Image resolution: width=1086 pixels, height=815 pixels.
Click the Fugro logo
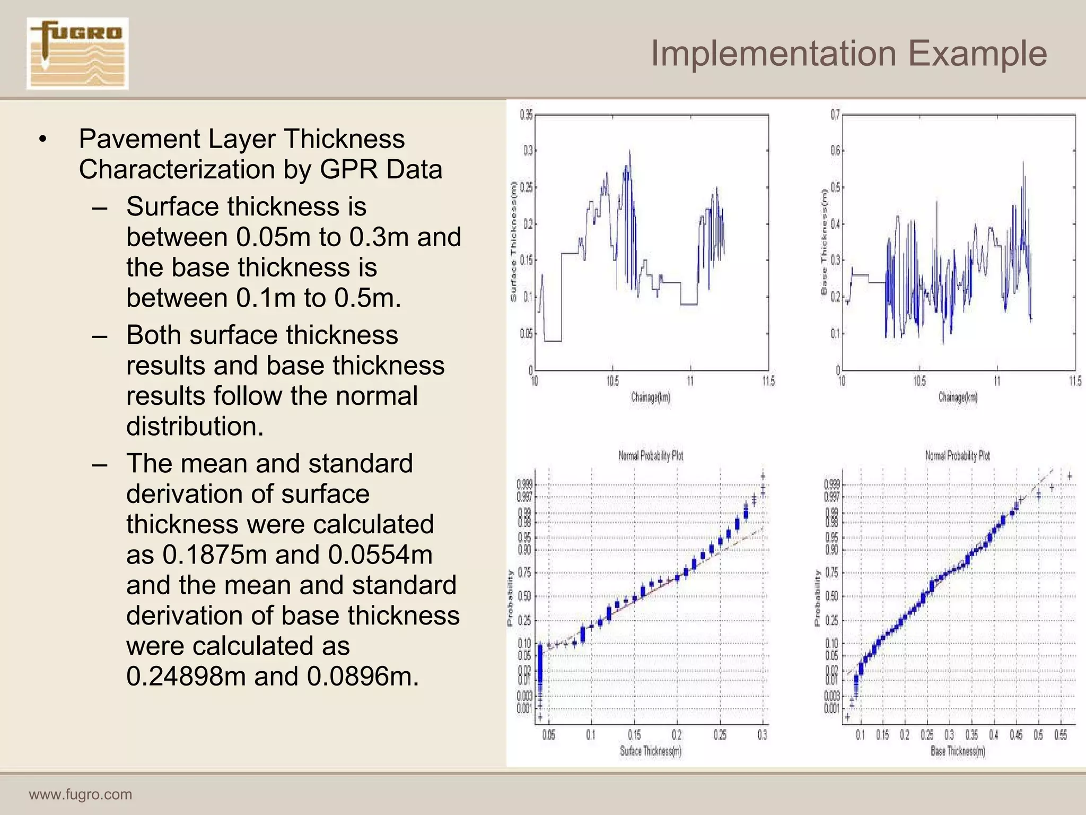tap(77, 54)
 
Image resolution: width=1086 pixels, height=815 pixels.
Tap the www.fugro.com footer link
tap(81, 794)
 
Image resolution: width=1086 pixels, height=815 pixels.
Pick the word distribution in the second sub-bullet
tap(195, 426)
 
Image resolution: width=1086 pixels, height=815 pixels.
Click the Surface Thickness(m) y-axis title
tap(513, 241)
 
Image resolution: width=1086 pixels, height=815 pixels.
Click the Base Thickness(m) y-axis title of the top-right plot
tap(824, 241)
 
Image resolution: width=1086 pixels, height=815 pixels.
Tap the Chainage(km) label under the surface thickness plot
tap(651, 397)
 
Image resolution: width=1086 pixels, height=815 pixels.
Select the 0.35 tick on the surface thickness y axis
tap(526, 115)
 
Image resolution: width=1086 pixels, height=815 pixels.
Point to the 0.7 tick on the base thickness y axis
tap(835, 115)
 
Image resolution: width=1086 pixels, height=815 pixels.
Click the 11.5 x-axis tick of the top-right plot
tap(1075, 381)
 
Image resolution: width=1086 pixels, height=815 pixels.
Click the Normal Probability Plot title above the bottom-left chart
tap(651, 455)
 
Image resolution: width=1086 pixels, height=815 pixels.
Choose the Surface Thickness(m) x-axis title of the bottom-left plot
tap(651, 751)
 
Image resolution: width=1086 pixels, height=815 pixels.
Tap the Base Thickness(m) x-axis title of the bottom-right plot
tap(958, 751)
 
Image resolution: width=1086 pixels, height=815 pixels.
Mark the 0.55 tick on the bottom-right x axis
tap(1061, 735)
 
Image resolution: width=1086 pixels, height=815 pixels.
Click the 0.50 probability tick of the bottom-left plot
tap(524, 596)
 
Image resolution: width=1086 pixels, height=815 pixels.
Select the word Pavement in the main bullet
tap(139, 139)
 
